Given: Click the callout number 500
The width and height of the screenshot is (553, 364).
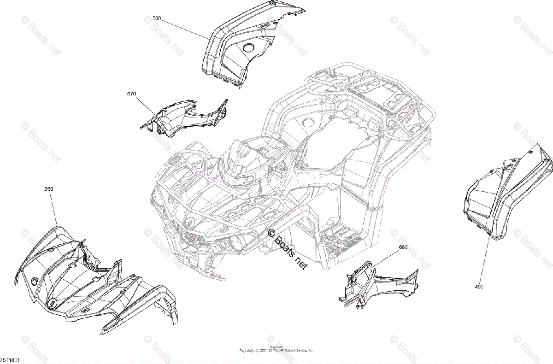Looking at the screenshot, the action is [x=157, y=19].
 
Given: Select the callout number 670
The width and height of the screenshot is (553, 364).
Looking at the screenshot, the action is [x=132, y=94].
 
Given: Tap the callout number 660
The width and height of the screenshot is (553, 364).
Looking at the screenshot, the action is [x=403, y=247].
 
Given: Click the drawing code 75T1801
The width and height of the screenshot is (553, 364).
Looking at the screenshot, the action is [x=10, y=359].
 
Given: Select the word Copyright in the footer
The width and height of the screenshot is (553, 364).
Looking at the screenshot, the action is [x=276, y=347].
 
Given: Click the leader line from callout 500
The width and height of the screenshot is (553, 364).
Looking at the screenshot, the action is [x=184, y=29].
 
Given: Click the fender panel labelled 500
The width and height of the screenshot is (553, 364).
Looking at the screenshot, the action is [x=230, y=51].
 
